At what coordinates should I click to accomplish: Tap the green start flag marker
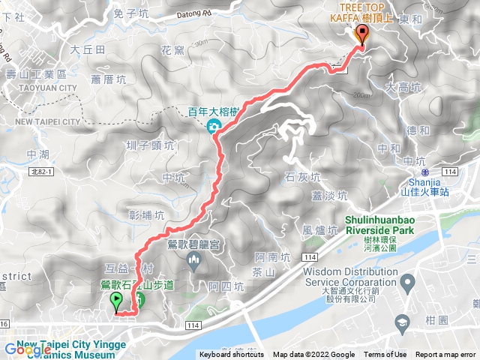click(x=117, y=301)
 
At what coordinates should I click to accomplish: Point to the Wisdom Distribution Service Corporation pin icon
click(x=408, y=283)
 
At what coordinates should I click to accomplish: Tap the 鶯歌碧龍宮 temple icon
click(x=194, y=261)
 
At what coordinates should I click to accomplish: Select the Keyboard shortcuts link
click(x=232, y=355)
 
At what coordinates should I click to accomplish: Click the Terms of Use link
click(x=385, y=355)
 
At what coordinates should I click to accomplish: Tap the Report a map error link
click(x=445, y=355)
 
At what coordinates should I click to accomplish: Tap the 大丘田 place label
click(x=86, y=49)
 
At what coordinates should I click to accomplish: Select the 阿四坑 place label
click(x=226, y=286)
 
